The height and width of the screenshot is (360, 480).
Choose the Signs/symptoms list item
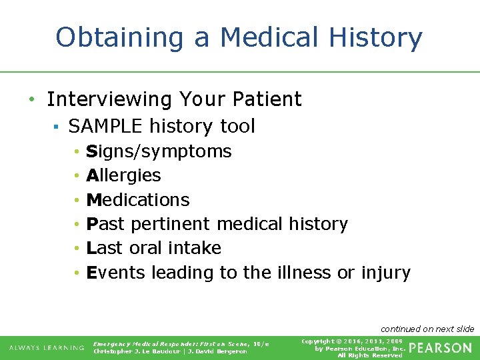click(159, 152)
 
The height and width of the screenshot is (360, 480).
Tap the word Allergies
click(124, 176)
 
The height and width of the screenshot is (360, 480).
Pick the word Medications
click(138, 200)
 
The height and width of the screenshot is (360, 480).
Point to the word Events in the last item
click(116, 273)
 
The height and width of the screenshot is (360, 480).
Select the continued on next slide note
click(427, 329)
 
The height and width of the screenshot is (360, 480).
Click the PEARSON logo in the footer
click(439, 348)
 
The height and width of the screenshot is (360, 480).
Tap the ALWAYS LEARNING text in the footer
click(46, 348)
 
